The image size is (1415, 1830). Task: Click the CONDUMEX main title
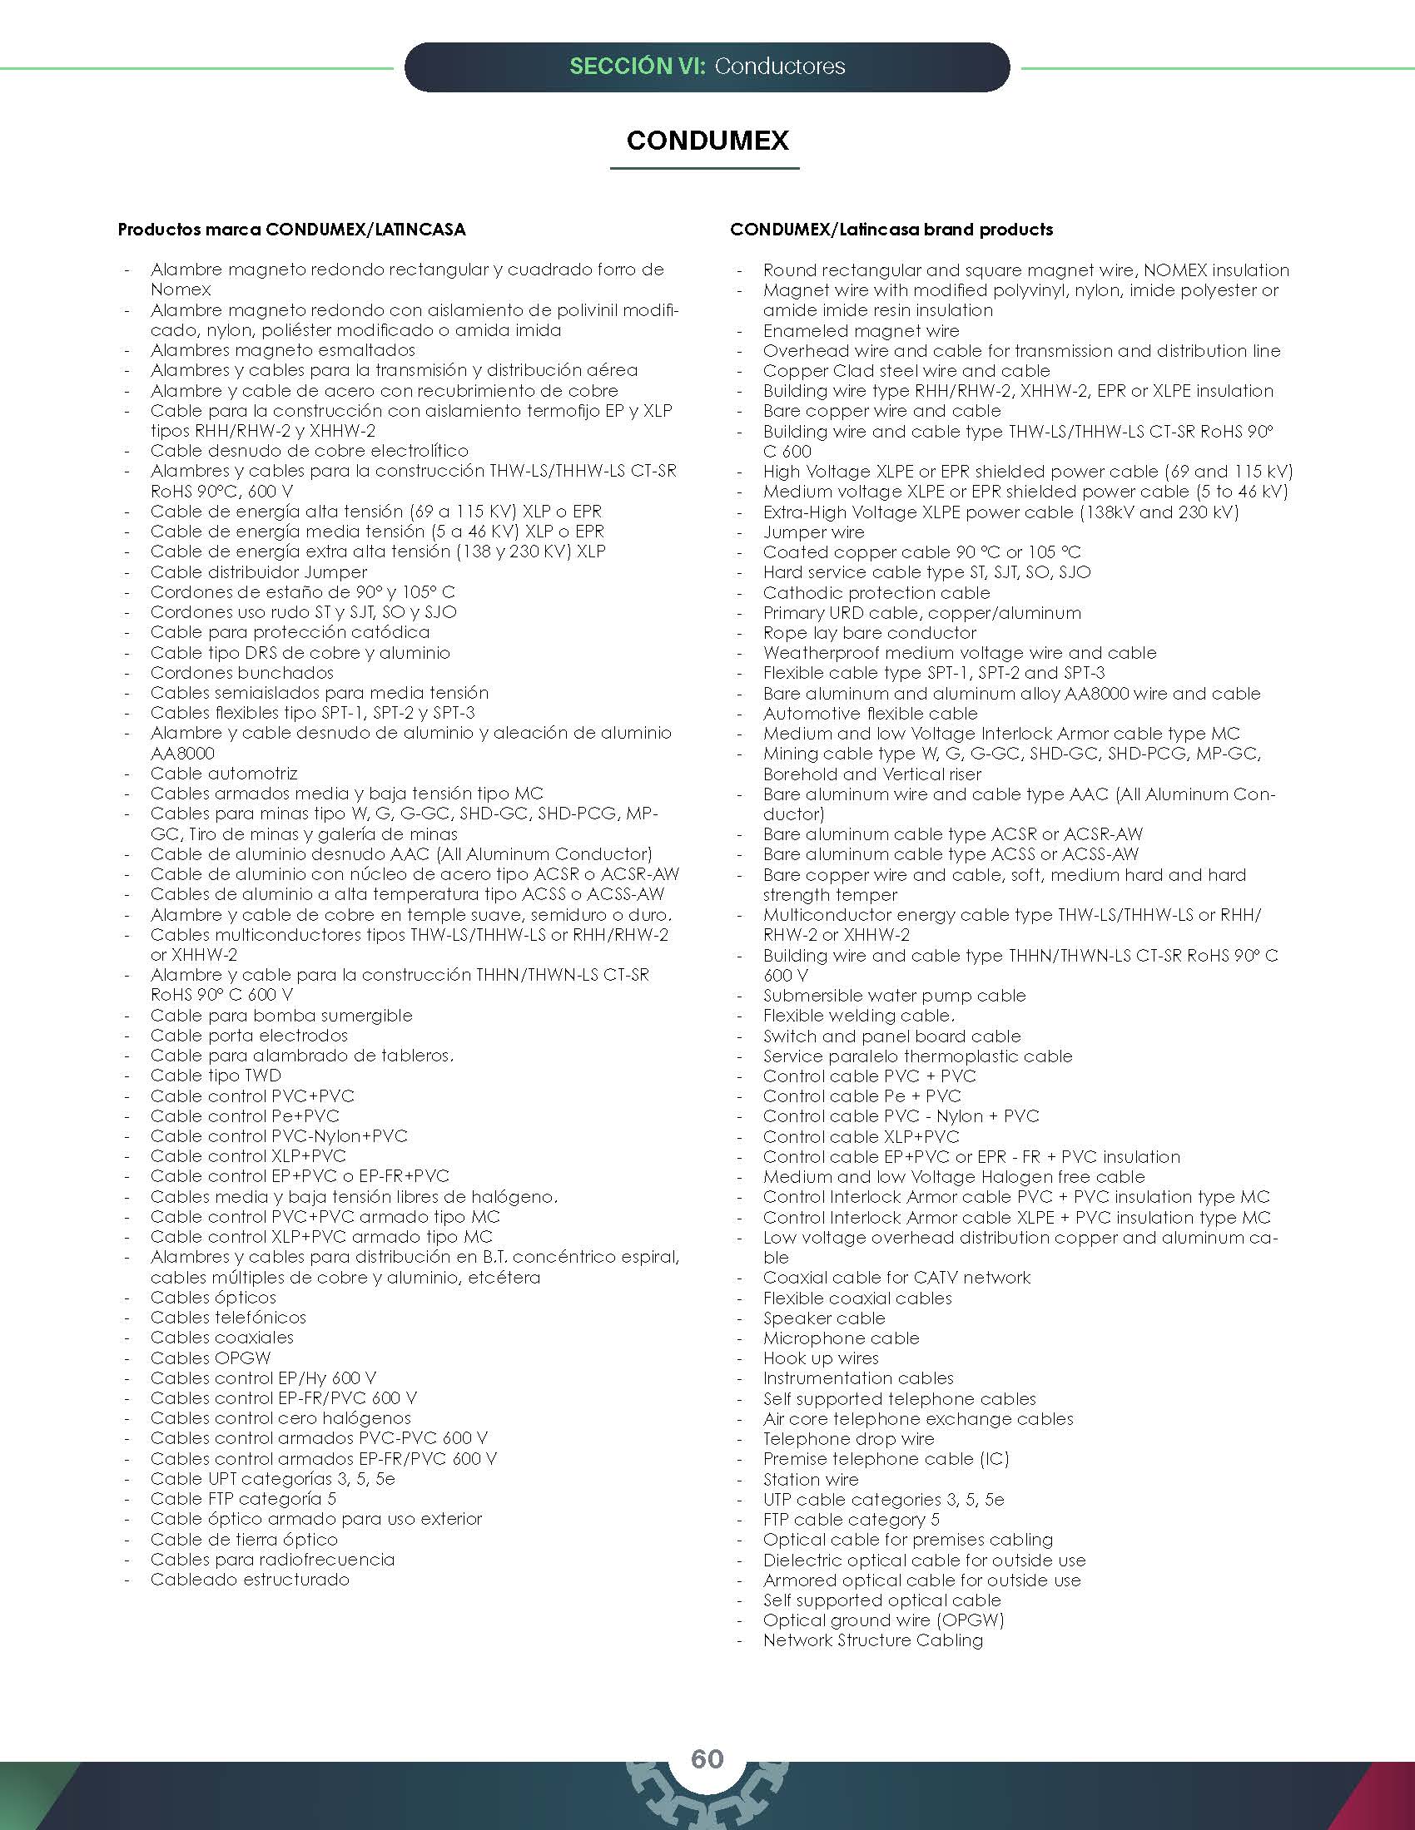pos(707,140)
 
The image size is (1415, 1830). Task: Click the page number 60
pos(707,1758)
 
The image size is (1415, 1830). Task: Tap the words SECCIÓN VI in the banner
pos(636,67)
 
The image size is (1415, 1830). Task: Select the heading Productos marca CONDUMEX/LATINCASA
pos(291,230)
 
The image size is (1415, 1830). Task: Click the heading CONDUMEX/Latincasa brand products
pos(891,230)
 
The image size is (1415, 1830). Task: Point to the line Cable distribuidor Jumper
pos(258,572)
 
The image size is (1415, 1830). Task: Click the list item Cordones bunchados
pos(241,673)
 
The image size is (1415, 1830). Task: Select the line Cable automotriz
pos(224,774)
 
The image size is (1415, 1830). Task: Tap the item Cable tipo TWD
pos(216,1076)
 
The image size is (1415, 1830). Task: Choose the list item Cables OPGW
pos(211,1358)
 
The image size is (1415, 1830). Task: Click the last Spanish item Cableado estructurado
pos(250,1580)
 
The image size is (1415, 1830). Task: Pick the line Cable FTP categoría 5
pos(243,1499)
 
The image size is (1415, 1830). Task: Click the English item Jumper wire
pos(813,532)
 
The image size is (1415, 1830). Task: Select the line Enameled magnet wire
pos(861,331)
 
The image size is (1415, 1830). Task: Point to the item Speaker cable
pos(824,1318)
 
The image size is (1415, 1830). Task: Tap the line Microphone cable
pos(841,1338)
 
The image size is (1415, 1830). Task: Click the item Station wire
pos(811,1480)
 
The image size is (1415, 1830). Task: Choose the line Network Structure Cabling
pos(872,1640)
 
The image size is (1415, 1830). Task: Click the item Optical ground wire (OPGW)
pos(883,1620)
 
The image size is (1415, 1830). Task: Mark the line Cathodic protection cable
pos(876,593)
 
